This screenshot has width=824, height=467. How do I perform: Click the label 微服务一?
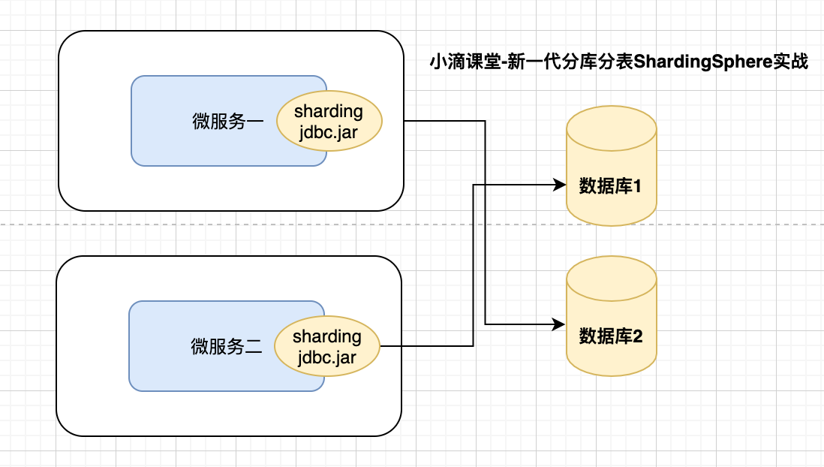[x=227, y=122]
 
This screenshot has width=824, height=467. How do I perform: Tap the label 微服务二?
[x=226, y=346]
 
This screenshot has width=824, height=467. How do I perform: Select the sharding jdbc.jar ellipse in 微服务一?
[x=329, y=121]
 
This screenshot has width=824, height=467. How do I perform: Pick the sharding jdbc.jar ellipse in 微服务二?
[x=326, y=346]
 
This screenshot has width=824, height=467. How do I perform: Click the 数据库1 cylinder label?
[x=610, y=185]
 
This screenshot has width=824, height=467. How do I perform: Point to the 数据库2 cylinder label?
[x=610, y=336]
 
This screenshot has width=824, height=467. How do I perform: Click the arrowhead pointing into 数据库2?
[x=559, y=324]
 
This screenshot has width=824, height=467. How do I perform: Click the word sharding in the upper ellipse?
[x=329, y=112]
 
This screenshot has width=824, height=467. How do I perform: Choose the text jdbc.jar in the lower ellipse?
[x=326, y=357]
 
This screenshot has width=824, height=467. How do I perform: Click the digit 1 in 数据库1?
[x=636, y=185]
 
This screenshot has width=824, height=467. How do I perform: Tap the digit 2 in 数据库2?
[x=637, y=336]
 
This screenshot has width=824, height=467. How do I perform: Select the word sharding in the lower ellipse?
[x=326, y=336]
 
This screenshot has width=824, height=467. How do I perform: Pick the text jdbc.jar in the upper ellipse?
[x=329, y=132]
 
